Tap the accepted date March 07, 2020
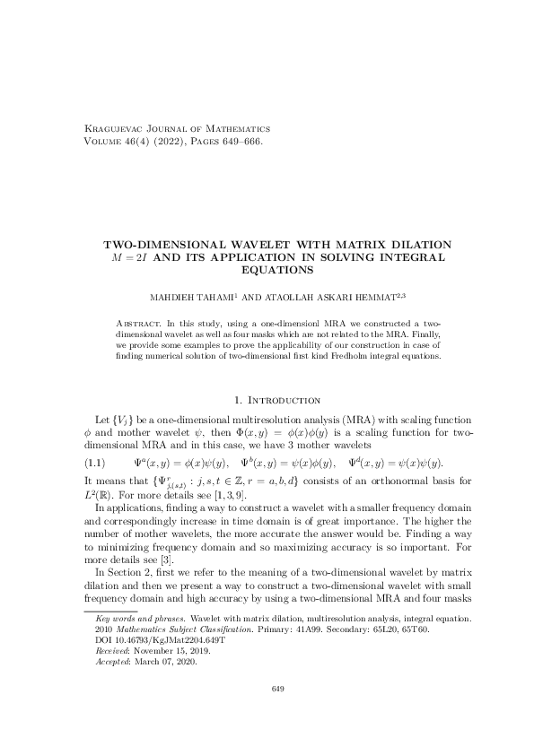161,663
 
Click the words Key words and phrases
134,620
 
